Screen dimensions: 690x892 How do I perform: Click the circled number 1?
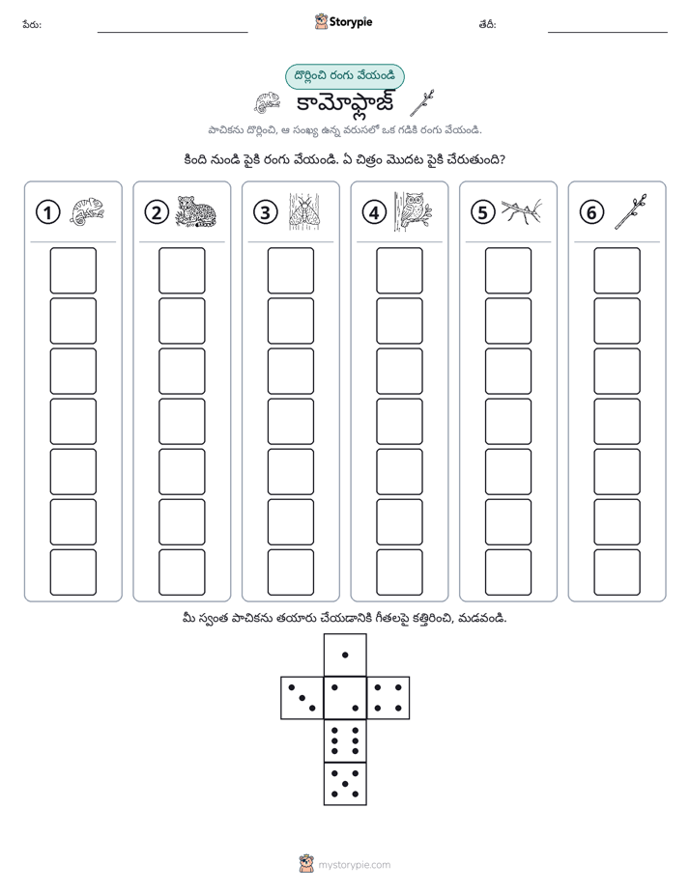pos(47,212)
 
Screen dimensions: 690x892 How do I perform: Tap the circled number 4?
pos(374,212)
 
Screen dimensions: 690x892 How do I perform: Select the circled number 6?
pos(591,212)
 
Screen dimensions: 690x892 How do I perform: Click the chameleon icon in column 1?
pos(87,211)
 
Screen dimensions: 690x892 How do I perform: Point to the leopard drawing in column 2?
pos(195,211)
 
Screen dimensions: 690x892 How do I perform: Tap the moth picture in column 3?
pos(304,211)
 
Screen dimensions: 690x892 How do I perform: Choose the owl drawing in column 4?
pos(414,211)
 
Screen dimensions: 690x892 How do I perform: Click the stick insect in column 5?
pos(522,211)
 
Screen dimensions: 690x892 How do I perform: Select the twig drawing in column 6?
pos(631,211)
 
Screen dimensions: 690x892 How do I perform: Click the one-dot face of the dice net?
pos(345,655)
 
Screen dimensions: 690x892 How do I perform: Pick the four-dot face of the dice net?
pos(388,698)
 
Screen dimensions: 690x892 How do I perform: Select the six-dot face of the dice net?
pos(345,740)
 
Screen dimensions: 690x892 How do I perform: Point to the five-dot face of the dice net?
pos(345,784)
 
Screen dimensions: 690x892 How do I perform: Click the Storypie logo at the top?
pos(343,22)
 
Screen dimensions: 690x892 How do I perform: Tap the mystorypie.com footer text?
pos(354,865)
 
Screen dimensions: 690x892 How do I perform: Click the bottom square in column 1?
pos(72,572)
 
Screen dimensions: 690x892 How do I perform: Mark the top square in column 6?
pos(618,270)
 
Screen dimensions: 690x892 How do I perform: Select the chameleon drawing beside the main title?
pos(267,102)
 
